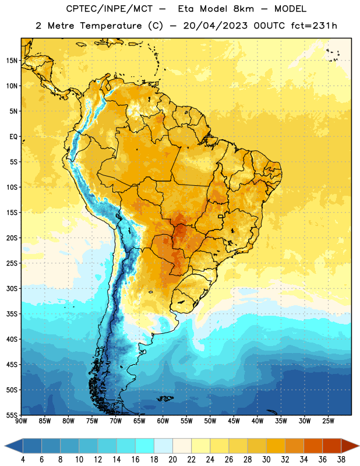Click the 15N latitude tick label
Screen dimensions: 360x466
12,61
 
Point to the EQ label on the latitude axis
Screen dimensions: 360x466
13,137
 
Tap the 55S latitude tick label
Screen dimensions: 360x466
12,415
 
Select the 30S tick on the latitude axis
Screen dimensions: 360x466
12,288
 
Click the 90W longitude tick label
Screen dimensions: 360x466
21,421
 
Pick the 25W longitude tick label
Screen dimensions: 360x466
328,421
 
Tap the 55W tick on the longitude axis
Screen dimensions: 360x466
186,421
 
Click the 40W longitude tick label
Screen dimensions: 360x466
257,421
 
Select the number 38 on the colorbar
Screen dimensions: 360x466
341,460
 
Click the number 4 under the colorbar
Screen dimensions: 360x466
23,460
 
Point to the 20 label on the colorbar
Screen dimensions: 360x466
172,460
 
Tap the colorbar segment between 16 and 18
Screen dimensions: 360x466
145,446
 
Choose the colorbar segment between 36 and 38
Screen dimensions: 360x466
332,446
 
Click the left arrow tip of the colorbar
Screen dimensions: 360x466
5,446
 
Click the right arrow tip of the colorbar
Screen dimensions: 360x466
359,446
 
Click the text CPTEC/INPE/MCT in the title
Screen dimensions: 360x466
110,9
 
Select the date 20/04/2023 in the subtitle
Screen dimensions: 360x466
215,26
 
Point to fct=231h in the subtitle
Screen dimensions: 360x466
314,26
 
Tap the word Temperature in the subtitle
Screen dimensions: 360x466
111,26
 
